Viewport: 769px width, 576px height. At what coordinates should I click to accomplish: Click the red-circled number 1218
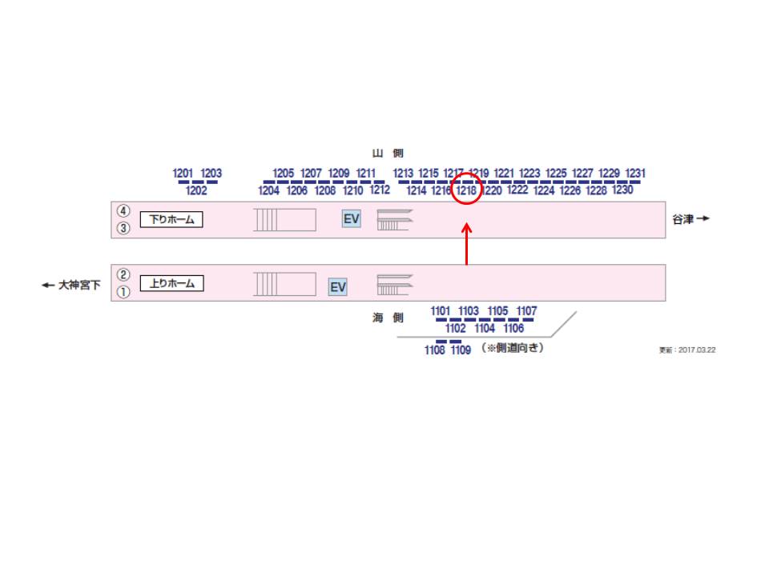tap(467, 190)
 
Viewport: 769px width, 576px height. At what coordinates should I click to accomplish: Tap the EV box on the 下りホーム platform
tap(352, 218)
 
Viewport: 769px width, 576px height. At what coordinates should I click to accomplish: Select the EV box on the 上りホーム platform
tap(338, 286)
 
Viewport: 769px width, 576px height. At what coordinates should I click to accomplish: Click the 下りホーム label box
tap(171, 218)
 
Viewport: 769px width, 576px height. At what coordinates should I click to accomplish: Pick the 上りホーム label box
tap(171, 282)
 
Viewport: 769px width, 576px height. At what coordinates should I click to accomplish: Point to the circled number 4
tap(123, 211)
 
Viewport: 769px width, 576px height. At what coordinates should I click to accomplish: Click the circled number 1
tap(123, 293)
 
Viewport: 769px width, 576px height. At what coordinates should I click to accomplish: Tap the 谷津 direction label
tap(690, 218)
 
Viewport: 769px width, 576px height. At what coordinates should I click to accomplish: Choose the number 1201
tap(183, 173)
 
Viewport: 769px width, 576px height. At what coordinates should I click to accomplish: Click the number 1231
tap(635, 173)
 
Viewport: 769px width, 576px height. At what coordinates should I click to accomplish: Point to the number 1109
tap(461, 350)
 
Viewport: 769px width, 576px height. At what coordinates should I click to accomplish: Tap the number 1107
tap(526, 310)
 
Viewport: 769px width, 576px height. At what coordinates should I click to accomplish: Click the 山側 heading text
tap(388, 153)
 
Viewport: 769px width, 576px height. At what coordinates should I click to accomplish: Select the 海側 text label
tap(388, 318)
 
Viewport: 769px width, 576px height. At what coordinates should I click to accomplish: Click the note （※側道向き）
tap(511, 348)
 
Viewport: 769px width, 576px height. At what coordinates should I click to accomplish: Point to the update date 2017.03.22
tap(687, 350)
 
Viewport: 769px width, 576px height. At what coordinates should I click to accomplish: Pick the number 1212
tap(380, 190)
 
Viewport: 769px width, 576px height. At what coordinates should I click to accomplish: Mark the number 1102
tap(455, 328)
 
